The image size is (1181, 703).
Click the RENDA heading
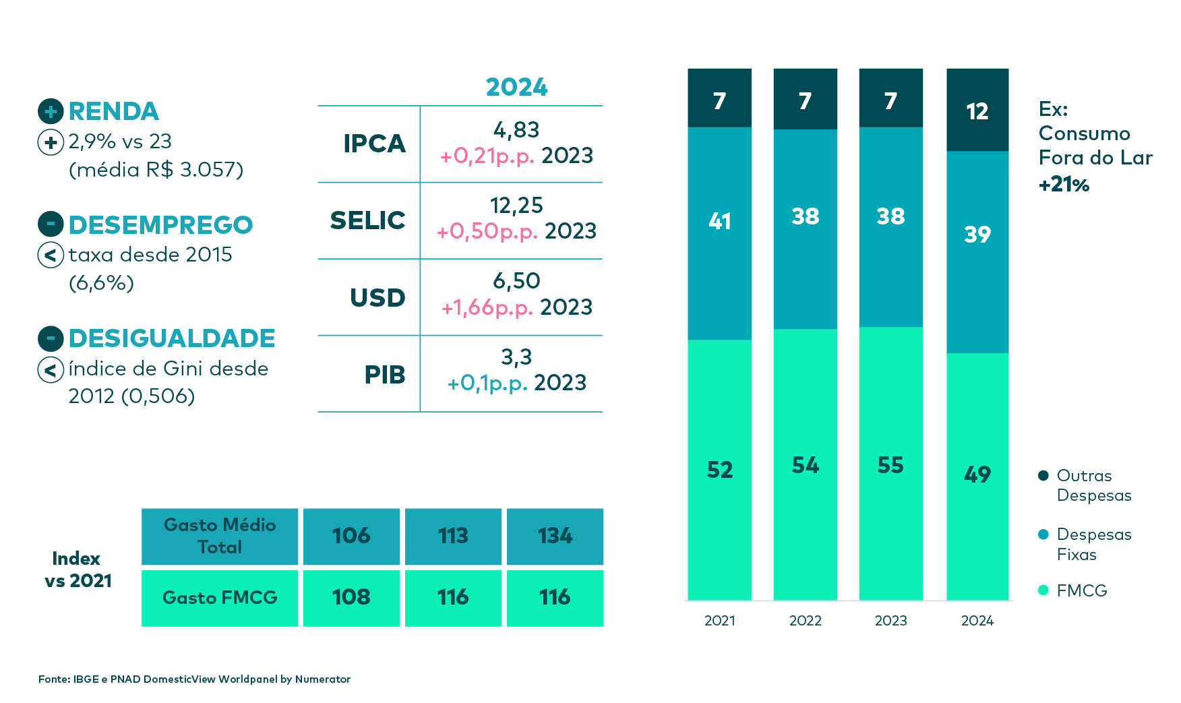click(113, 111)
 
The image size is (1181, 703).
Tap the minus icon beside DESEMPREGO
click(51, 224)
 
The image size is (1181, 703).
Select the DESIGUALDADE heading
click(171, 338)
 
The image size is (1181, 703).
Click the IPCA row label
click(374, 144)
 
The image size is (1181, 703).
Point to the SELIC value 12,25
click(516, 206)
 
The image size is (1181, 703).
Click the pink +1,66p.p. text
click(487, 307)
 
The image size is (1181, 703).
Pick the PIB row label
click(384, 375)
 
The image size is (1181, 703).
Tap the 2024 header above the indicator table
click(516, 87)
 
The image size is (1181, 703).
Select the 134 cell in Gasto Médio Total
click(555, 536)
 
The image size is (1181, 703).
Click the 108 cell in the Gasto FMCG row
click(351, 597)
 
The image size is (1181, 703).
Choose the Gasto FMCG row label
click(220, 598)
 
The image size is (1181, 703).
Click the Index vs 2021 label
click(78, 570)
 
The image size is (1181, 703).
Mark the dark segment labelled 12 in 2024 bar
click(977, 111)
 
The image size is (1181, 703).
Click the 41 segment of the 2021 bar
click(719, 221)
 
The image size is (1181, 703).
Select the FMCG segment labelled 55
click(890, 465)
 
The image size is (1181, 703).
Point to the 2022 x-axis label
click(805, 621)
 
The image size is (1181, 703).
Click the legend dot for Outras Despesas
click(1043, 476)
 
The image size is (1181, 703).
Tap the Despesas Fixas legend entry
click(1093, 544)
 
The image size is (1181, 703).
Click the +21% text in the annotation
click(1064, 184)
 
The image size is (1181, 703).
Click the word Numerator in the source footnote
click(322, 679)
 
